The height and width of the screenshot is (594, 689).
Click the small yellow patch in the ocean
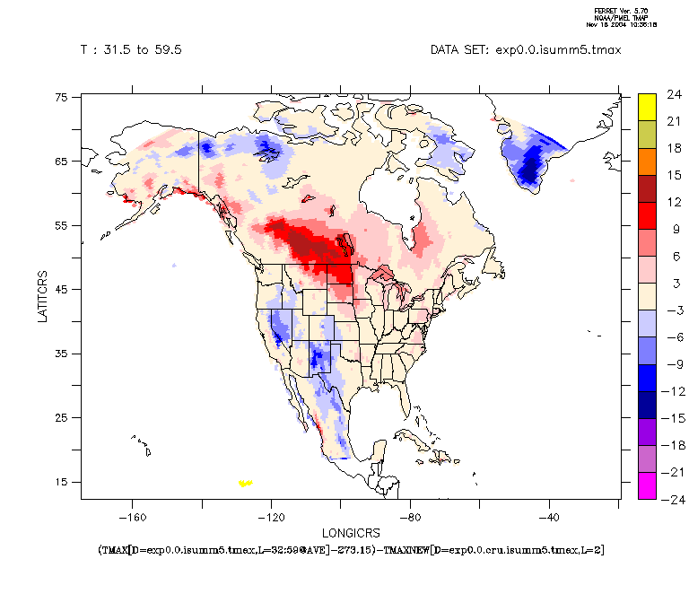245,483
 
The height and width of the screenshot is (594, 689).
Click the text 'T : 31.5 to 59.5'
131,50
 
